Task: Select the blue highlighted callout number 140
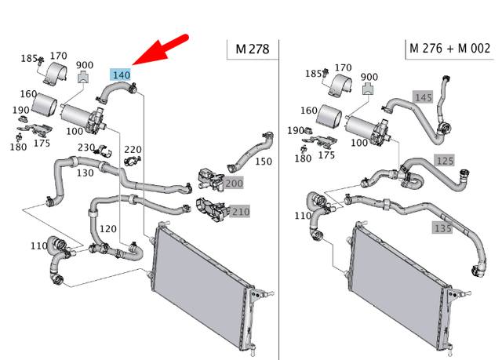pos(121,75)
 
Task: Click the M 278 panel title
pos(252,49)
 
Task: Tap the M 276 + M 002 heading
pos(450,49)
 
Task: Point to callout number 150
pos(264,162)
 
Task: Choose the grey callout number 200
pos(234,184)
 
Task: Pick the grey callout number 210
pos(239,212)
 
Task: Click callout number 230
pos(86,147)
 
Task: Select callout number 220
pos(133,150)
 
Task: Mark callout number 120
pos(107,228)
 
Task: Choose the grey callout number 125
pos(445,161)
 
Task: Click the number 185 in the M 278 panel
pos(29,58)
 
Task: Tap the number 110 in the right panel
pos(302,216)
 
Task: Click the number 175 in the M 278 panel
pos(42,143)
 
